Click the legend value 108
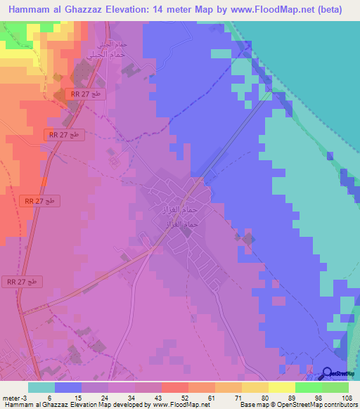pyautogui.click(x=345, y=397)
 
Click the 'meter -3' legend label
pyautogui.click(x=14, y=397)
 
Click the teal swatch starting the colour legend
pyautogui.click(x=41, y=387)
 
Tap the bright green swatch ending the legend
pyautogui.click(x=335, y=387)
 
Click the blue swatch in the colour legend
pyautogui.click(x=67, y=387)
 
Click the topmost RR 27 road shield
pyautogui.click(x=87, y=93)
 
